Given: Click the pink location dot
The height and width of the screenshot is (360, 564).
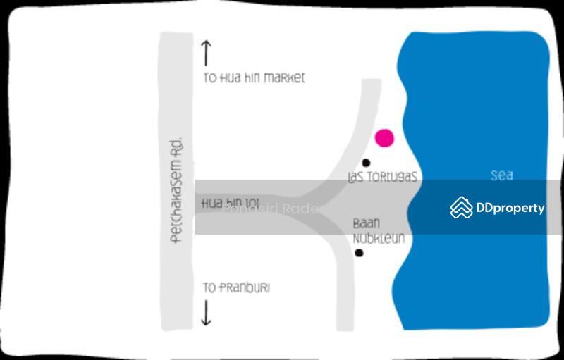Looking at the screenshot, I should point(384,138).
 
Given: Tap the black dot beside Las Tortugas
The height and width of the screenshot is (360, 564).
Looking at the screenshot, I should point(366,163).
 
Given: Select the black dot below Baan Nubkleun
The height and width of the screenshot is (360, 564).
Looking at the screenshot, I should point(359,253).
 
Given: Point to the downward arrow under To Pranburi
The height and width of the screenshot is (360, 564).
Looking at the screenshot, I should point(206,313).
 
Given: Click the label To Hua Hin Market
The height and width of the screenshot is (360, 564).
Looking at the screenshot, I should point(254,78).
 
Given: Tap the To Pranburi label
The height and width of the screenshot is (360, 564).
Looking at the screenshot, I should point(236,288).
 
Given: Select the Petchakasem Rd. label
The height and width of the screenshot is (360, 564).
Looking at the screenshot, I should point(177,190).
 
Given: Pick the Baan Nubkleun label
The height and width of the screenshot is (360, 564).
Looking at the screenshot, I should point(379,231).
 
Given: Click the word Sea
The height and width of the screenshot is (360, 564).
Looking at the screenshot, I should point(501,176).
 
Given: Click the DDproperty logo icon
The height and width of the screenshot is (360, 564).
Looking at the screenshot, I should point(462,207).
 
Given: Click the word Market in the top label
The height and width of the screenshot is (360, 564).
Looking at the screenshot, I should point(284,78).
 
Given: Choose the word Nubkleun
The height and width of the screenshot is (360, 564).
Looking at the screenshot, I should point(379,239).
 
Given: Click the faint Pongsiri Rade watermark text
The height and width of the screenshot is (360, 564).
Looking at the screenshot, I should point(270,209).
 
